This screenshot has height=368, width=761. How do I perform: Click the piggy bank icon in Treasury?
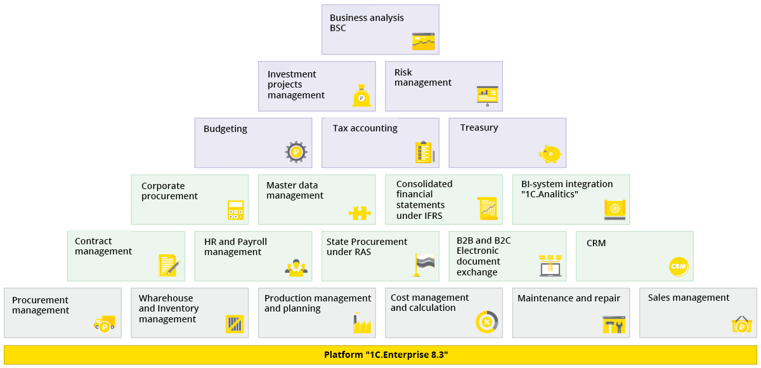(550, 153)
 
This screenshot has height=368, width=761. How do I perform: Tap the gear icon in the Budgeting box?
(296, 152)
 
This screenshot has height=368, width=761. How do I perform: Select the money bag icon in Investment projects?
(361, 96)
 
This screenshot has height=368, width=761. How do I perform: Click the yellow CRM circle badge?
(679, 266)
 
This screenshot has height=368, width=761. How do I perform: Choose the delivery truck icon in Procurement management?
(105, 324)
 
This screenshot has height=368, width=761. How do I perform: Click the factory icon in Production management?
(362, 323)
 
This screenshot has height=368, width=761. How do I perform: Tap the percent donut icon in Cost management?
(486, 322)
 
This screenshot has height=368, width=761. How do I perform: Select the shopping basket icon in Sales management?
(741, 325)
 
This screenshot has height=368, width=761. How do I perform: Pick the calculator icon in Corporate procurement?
(235, 210)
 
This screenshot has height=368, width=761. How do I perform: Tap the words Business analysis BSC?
(367, 23)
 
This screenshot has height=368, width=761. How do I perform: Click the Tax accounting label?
(365, 128)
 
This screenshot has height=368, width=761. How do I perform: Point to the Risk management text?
(422, 77)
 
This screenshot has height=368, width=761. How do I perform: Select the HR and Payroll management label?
(235, 247)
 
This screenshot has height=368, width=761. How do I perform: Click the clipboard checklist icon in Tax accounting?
(424, 152)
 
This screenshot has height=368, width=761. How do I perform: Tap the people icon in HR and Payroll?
(296, 268)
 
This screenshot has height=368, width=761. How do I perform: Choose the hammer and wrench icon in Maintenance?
(613, 324)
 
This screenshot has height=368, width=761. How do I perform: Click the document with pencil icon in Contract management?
(169, 265)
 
